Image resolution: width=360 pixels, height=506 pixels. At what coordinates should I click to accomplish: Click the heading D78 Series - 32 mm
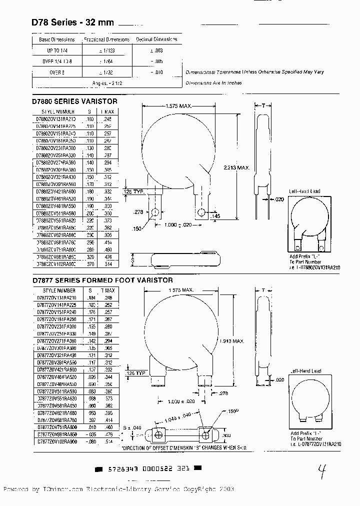click(x=73, y=22)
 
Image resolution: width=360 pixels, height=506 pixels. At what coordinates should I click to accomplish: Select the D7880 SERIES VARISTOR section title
click(x=74, y=101)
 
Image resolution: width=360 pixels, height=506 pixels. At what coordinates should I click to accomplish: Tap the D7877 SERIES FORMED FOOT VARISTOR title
click(x=102, y=280)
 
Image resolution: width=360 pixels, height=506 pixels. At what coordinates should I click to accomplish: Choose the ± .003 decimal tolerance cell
click(x=156, y=50)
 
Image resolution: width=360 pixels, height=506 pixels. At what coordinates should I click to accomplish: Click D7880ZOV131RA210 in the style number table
click(x=55, y=120)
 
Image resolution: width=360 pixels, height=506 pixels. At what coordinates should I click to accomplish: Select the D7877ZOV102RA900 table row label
click(x=56, y=442)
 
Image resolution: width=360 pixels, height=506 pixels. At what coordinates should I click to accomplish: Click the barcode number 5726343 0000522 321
click(x=148, y=469)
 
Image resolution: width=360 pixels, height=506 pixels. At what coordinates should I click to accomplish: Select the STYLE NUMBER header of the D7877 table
click(x=56, y=290)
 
